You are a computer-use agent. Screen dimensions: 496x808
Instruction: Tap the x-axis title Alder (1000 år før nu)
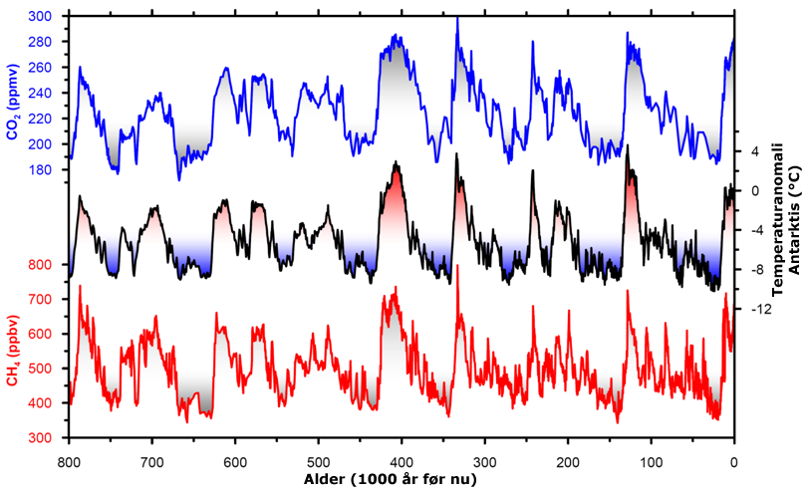click(401, 479)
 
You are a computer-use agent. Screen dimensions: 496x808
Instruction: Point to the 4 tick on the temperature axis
click(754, 151)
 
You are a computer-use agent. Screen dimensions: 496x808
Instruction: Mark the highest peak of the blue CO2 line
click(457, 18)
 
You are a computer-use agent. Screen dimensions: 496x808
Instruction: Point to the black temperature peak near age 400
click(397, 161)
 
